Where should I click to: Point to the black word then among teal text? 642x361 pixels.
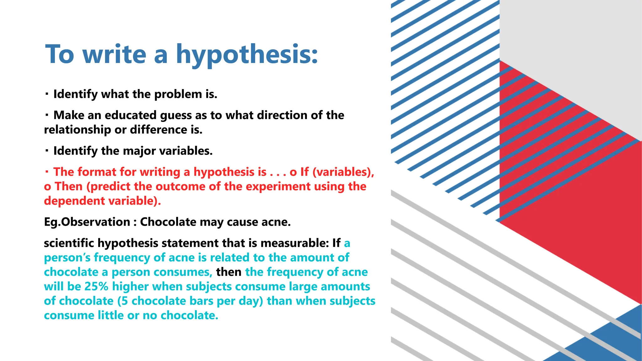229,272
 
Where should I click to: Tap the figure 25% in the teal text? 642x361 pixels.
96,286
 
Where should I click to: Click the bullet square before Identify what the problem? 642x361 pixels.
47,94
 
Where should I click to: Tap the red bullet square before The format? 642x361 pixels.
47,172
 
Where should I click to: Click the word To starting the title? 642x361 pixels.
60,55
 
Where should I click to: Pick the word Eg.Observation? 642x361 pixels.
87,222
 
